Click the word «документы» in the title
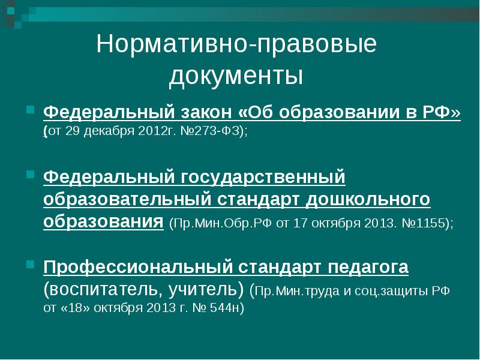point(236,76)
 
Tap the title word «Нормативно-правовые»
point(236,44)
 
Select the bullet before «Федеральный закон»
point(30,109)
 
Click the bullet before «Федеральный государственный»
point(30,175)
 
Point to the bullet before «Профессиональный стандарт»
point(30,264)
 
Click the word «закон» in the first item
point(206,113)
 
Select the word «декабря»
point(109,131)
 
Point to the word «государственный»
point(263,178)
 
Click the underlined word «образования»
point(103,221)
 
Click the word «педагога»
point(368,268)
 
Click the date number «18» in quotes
point(76,308)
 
